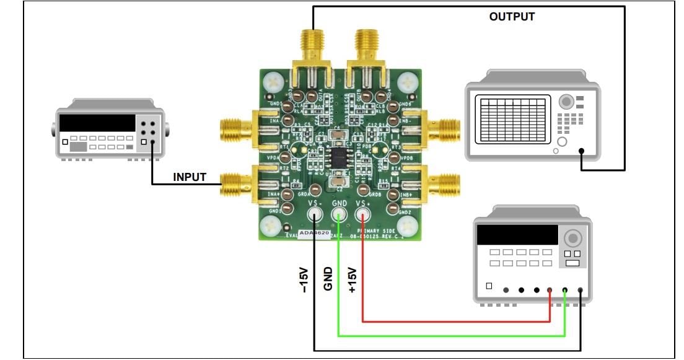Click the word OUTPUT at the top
[x=512, y=17]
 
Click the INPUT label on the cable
[x=190, y=177]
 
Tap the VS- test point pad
[x=315, y=215]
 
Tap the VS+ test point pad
[x=362, y=215]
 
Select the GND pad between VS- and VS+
[x=339, y=215]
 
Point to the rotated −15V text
[x=304, y=279]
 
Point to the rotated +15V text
[x=352, y=279]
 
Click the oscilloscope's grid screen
[x=511, y=120]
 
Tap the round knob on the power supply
[x=573, y=238]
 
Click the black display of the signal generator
[x=97, y=123]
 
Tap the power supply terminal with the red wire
[x=550, y=290]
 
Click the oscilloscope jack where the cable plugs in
[x=581, y=151]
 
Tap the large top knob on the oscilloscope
[x=566, y=102]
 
